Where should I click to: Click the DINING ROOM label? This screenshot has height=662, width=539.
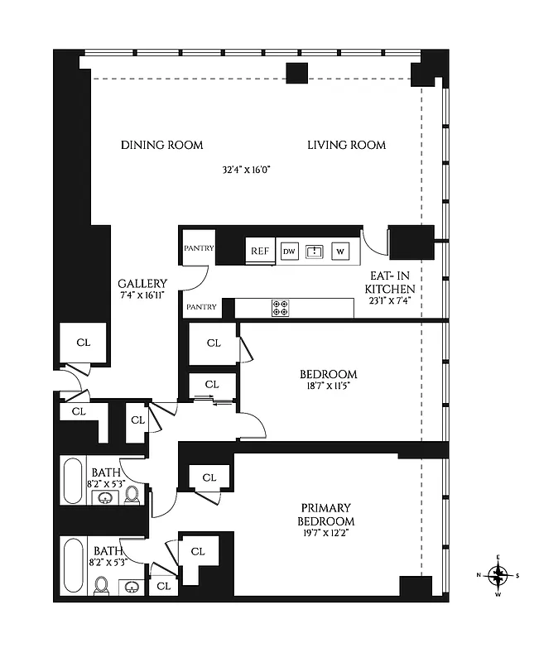click(161, 145)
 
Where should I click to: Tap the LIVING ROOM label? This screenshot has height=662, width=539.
click(346, 145)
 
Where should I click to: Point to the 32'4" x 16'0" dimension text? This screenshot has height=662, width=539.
click(247, 170)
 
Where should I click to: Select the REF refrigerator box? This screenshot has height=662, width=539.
click(259, 251)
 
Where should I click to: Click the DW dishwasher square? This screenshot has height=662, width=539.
click(289, 251)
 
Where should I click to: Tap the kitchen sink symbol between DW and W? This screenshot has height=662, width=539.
click(315, 251)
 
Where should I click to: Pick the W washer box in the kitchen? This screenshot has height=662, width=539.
click(340, 251)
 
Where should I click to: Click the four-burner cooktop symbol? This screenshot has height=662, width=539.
click(281, 308)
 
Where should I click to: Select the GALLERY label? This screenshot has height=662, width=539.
click(142, 283)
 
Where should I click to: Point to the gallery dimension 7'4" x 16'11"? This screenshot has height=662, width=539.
click(142, 295)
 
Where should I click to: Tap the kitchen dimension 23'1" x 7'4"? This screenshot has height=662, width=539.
click(390, 301)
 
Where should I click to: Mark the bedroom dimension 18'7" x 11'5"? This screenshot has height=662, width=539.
click(329, 386)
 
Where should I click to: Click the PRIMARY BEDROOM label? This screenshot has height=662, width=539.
click(326, 514)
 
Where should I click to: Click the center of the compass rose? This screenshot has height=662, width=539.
click(498, 575)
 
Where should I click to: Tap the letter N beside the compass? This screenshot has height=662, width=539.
click(479, 576)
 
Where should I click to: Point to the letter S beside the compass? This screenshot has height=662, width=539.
click(517, 576)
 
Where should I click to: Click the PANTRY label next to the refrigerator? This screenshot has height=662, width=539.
click(199, 247)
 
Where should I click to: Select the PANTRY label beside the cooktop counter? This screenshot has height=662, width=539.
click(201, 307)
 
